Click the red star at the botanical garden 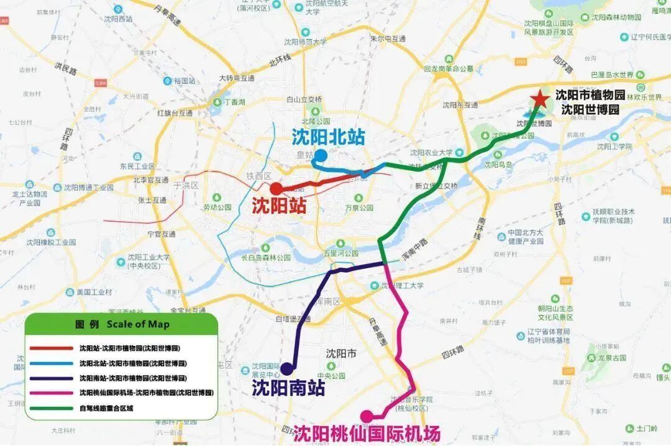click(540, 99)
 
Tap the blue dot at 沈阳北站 click(321, 155)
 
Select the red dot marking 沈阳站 click(276, 188)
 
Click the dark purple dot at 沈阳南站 click(287, 368)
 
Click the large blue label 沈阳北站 click(328, 137)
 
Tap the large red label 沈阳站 click(280, 206)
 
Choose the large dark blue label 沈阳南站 click(288, 388)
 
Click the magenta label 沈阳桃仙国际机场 click(367, 433)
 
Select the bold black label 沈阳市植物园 click(590, 96)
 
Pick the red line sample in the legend click(51, 348)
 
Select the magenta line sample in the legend click(51, 393)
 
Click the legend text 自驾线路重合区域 click(106, 408)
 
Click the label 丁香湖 click(235, 101)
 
